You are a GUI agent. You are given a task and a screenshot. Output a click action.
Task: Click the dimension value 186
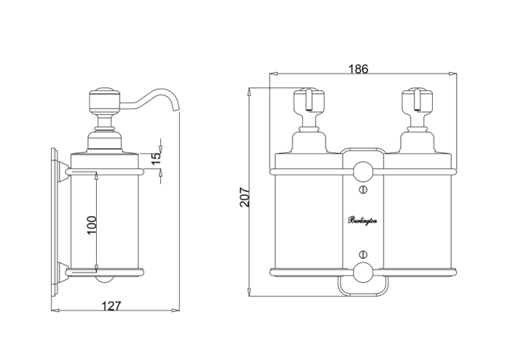pyautogui.click(x=358, y=69)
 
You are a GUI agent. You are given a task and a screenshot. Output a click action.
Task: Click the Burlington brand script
pyautogui.click(x=362, y=221)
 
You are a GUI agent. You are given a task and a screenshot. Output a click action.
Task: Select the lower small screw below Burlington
pyautogui.click(x=362, y=254)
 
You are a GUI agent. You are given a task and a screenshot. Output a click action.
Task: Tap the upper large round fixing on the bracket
pyautogui.click(x=362, y=172)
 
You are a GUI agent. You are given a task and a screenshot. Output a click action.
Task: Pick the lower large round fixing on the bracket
pyautogui.click(x=362, y=273)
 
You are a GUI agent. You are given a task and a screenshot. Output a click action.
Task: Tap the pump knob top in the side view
pyautogui.click(x=102, y=95)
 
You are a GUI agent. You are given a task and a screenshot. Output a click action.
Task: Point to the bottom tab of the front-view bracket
pyautogui.click(x=362, y=289)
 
